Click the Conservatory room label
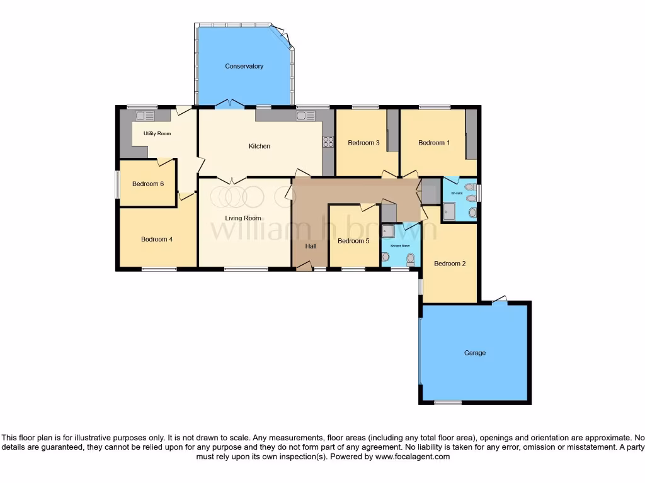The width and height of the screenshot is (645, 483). pos(244,66)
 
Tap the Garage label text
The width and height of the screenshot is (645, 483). pos(474,353)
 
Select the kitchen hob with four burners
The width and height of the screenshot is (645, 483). pos(328,142)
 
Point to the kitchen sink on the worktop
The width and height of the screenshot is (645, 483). pos(306,116)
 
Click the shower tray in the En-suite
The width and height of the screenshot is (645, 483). pos(449,211)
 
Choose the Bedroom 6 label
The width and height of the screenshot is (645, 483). pos(148,184)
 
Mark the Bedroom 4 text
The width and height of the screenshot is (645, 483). pos(157,239)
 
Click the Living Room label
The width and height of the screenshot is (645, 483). pos(243,218)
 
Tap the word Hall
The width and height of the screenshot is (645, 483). pos(311,246)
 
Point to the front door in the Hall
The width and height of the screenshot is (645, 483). pos(304,267)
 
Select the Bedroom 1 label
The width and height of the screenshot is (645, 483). pos(434,143)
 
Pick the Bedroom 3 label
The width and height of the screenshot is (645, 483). pos(363,143)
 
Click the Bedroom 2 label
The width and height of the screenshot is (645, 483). pos(450,264)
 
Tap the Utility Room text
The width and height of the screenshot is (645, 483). pos(157,133)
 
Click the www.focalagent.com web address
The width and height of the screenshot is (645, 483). pos(413,457)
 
